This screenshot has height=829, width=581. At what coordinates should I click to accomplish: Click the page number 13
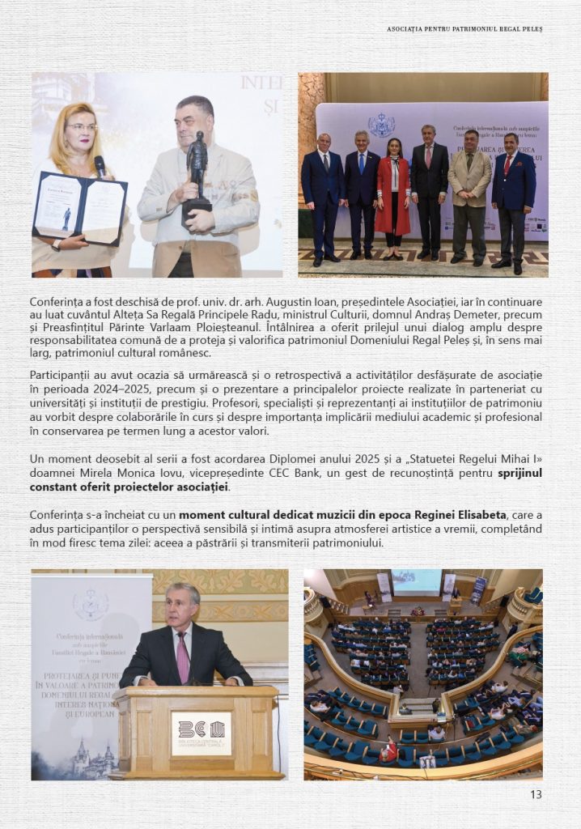point(536,794)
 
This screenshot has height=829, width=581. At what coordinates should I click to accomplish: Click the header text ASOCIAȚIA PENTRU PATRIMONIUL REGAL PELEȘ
point(464,29)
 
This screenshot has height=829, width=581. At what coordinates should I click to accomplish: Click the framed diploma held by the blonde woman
point(78,208)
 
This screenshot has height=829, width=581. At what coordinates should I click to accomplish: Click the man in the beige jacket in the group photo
point(469,191)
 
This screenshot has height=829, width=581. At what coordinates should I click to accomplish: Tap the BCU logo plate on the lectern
point(201,733)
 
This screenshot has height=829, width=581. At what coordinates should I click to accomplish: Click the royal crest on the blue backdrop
point(381,125)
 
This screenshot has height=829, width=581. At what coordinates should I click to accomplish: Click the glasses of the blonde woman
point(81,127)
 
